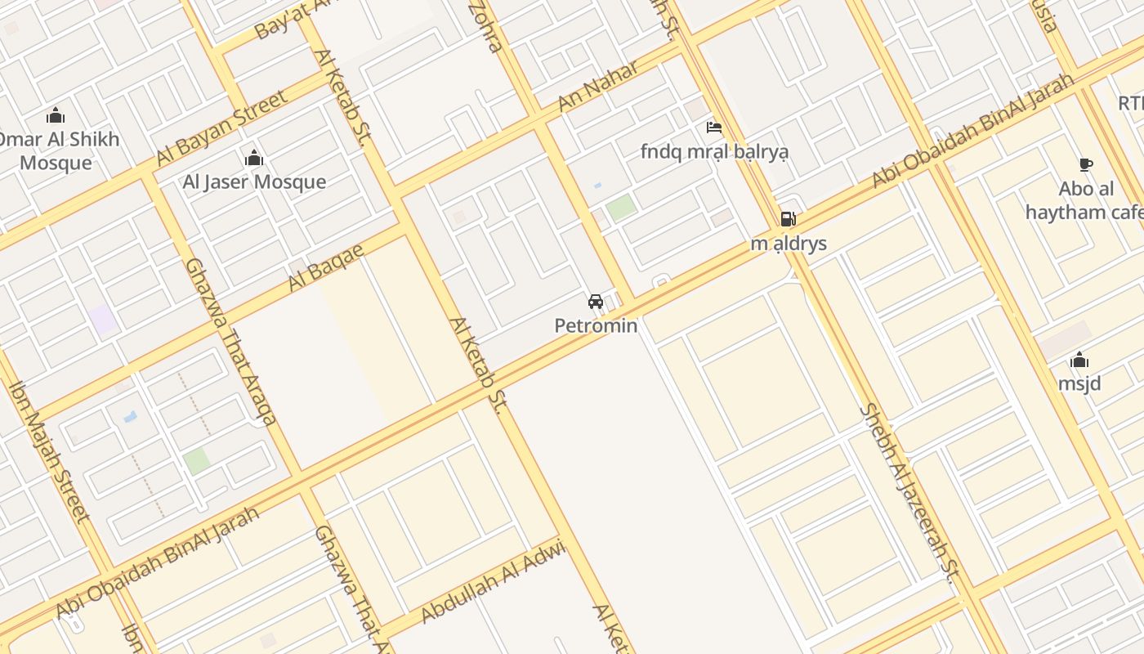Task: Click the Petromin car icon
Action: (596, 302)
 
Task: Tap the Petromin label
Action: (596, 325)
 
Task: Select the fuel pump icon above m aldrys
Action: (788, 219)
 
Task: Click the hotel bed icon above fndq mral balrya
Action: (713, 128)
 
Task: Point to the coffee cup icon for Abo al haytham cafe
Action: (1085, 165)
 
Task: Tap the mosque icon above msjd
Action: (1079, 360)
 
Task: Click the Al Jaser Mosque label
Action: (254, 181)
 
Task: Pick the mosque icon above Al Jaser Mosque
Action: (254, 157)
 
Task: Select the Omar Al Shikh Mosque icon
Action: (56, 114)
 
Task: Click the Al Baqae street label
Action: (325, 268)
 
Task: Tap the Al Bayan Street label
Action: (221, 128)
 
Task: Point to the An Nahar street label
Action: (597, 87)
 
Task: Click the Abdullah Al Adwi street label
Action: (493, 582)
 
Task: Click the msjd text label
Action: (1079, 383)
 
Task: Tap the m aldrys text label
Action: (789, 244)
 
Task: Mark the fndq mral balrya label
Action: (714, 152)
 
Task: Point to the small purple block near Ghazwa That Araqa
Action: (104, 319)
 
